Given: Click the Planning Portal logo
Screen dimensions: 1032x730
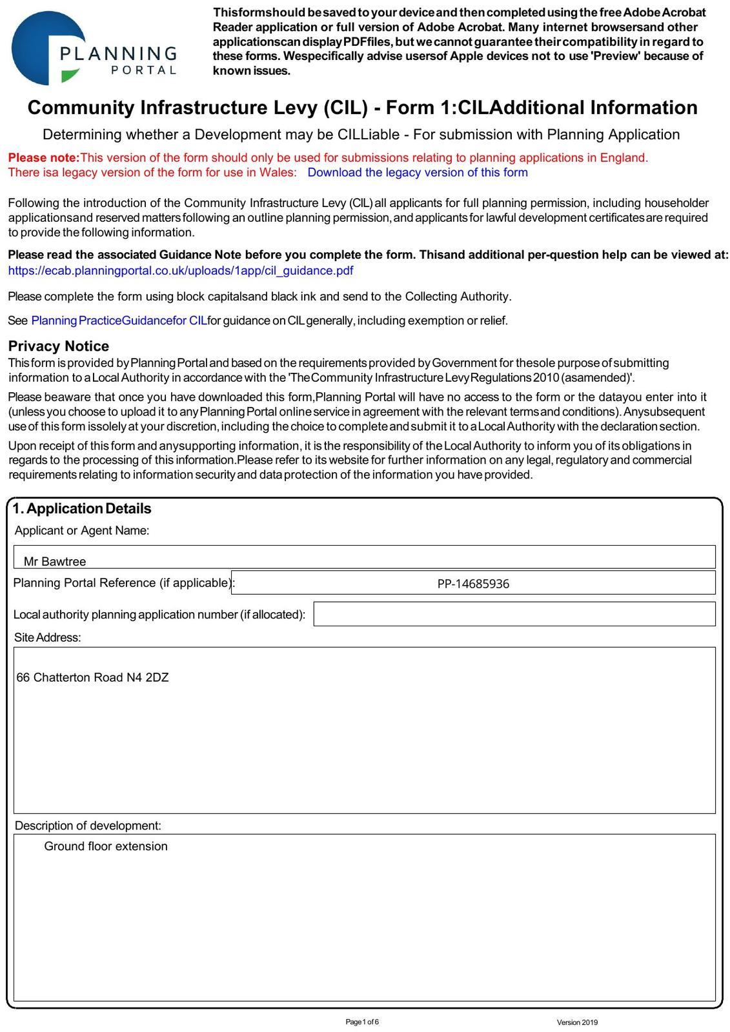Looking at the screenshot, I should [x=94, y=48].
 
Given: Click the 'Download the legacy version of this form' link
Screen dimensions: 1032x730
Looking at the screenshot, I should [x=418, y=172].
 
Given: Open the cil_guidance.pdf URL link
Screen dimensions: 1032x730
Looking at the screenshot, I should [x=181, y=270].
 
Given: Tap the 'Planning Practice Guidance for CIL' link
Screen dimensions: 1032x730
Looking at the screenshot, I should [x=119, y=321].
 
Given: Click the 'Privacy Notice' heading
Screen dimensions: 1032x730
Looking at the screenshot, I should [x=59, y=346].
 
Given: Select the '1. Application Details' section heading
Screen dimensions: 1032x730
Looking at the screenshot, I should [x=82, y=508].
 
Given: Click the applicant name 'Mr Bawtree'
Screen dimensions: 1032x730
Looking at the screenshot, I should [x=55, y=561].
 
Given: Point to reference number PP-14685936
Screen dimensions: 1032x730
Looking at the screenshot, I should [x=473, y=584].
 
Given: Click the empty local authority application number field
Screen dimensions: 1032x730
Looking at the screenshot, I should [x=514, y=614].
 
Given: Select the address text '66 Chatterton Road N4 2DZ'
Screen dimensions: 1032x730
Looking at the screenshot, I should [x=92, y=677].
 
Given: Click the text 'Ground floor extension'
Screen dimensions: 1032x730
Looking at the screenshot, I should [x=106, y=846].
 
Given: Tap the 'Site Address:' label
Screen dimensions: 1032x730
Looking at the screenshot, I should [x=48, y=637].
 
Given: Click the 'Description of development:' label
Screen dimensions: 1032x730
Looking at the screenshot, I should [x=88, y=826].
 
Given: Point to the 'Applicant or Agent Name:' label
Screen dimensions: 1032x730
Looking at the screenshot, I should [x=82, y=530].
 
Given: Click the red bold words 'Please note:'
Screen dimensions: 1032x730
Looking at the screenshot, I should [x=43, y=157].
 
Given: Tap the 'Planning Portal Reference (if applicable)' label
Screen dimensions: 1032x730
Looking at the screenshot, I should [x=122, y=582].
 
